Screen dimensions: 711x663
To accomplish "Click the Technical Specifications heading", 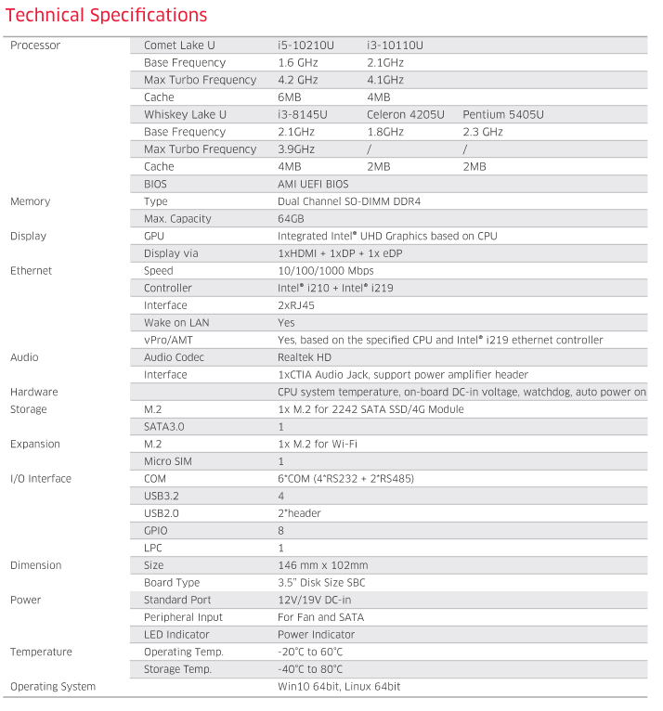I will (107, 16).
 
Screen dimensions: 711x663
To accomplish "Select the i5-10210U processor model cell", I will (305, 45).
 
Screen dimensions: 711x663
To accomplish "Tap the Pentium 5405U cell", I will (502, 115).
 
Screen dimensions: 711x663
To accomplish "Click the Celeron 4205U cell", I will (405, 115).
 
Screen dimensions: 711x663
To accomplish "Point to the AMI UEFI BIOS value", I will (313, 185).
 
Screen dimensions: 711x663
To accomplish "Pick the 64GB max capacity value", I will (291, 219).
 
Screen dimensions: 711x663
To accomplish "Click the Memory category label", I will (31, 201).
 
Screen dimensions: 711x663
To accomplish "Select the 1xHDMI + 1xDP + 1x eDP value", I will (340, 253).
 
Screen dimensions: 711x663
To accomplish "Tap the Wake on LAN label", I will (176, 323).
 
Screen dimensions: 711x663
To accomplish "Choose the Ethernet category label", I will (32, 271).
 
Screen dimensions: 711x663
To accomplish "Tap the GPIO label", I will (156, 531).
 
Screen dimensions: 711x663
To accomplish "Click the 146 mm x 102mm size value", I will (322, 565).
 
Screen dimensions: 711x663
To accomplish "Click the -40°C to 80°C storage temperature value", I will (310, 669).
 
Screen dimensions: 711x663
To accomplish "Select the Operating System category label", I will (53, 687).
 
